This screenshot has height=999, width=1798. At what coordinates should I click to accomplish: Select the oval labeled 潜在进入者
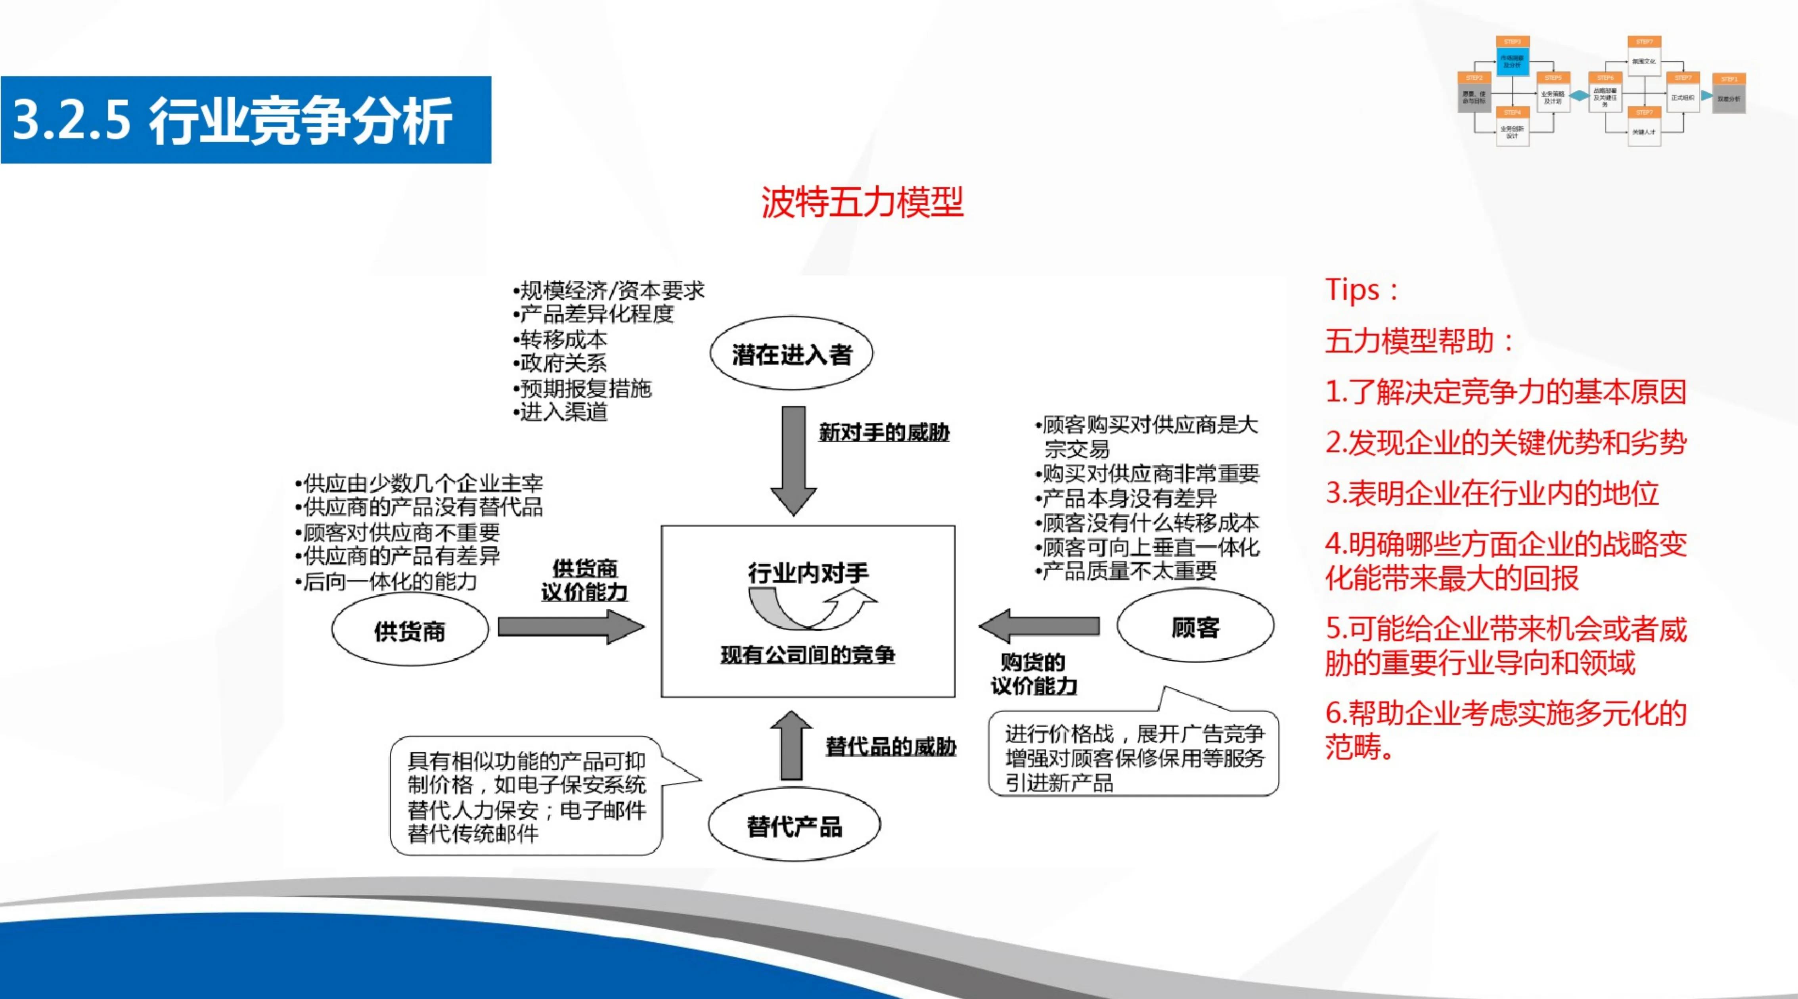point(791,354)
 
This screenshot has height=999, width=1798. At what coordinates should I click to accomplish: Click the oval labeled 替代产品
point(794,826)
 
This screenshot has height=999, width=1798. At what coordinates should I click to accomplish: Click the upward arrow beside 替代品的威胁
point(791,746)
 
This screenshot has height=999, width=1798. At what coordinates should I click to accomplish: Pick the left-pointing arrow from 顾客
point(1040,625)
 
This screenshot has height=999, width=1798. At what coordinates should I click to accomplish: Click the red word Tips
point(1352,290)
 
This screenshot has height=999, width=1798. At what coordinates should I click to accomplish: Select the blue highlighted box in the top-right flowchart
point(1512,61)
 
